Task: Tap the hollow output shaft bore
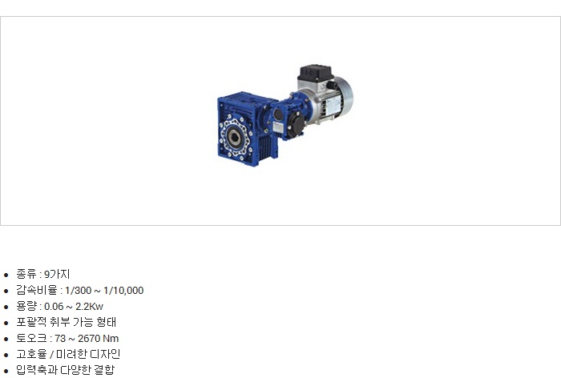click(234, 136)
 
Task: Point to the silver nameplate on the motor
click(333, 104)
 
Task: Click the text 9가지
click(57, 275)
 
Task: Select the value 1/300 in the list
click(78, 291)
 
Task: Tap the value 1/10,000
click(123, 291)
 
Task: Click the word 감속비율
click(37, 290)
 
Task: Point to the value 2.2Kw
click(89, 307)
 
